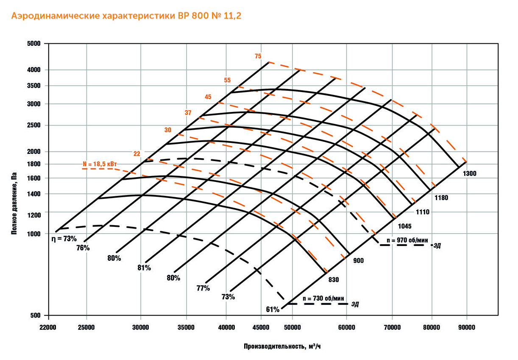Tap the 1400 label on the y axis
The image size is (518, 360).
coord(34,194)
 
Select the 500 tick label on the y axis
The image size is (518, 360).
coord(36,316)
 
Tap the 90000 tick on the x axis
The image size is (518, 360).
coord(466,327)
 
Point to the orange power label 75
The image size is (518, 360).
coord(258,56)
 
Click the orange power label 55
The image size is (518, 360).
coord(228,80)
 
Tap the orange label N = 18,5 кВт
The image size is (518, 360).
coord(100,163)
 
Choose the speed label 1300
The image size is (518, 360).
coord(470,173)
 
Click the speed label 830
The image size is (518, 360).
coord(334,279)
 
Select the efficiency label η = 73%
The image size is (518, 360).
coord(64,239)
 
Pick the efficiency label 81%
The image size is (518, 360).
coord(144,268)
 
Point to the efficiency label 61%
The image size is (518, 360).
coord(273,310)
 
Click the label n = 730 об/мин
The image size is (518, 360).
coord(323,299)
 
